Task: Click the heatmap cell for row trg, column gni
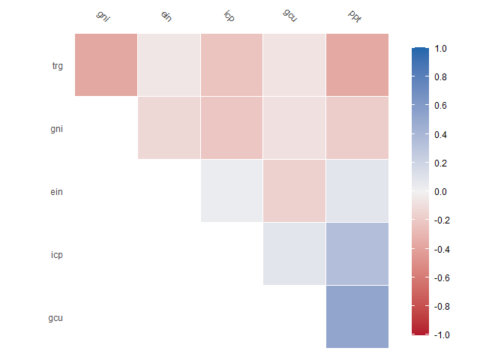pos(106,64)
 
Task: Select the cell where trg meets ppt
pos(357,64)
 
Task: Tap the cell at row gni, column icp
pos(232,127)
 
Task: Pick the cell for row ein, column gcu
pos(294,190)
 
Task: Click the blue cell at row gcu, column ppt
pos(357,316)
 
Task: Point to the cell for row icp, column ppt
pos(357,253)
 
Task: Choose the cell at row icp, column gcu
pos(294,253)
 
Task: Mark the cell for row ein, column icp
pos(232,190)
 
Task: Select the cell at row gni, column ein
pos(169,127)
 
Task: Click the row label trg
pos(57,65)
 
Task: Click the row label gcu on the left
pos(55,317)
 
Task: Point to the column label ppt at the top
pos(355,16)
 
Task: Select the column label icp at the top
pos(229,16)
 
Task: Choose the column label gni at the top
pos(103,16)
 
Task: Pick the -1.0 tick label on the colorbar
pos(442,335)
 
